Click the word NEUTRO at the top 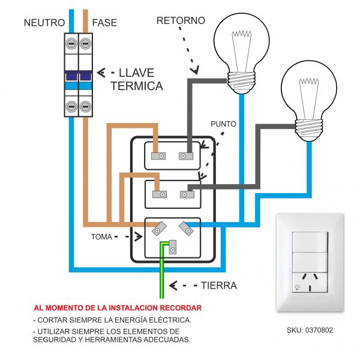44,23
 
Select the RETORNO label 181,20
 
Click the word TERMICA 137,86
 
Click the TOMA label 101,236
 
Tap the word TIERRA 218,286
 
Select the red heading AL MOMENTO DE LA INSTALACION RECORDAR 118,308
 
